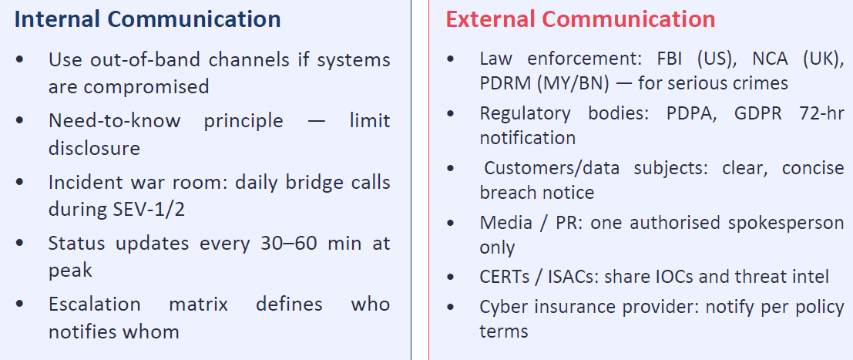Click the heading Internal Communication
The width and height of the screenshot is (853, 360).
click(147, 19)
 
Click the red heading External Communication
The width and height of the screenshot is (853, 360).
click(580, 19)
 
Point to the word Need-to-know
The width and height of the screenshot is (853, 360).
click(115, 121)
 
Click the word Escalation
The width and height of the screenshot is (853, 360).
click(94, 304)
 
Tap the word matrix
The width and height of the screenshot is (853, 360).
click(198, 304)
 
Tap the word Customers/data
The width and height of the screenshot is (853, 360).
click(552, 168)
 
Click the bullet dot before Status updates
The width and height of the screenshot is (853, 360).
click(20, 244)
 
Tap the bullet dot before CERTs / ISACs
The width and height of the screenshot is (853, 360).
click(451, 277)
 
